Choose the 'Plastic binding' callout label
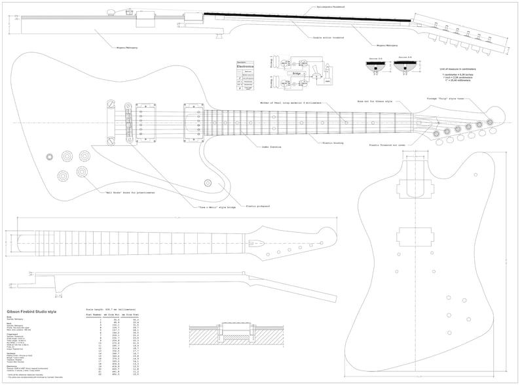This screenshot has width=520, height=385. tap(334, 142)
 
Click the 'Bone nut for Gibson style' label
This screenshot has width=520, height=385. tap(374, 102)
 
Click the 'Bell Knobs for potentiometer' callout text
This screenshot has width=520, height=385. tap(128, 193)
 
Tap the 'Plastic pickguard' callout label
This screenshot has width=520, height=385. tap(258, 206)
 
